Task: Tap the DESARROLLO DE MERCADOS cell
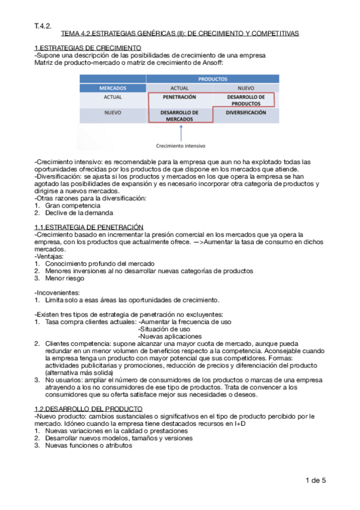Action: click(x=179, y=115)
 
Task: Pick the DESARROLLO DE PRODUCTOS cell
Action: click(x=246, y=100)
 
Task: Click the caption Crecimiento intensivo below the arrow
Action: click(x=180, y=146)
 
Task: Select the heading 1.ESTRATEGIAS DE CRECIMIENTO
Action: click(x=88, y=48)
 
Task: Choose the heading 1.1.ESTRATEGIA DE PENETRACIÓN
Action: click(x=89, y=226)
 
